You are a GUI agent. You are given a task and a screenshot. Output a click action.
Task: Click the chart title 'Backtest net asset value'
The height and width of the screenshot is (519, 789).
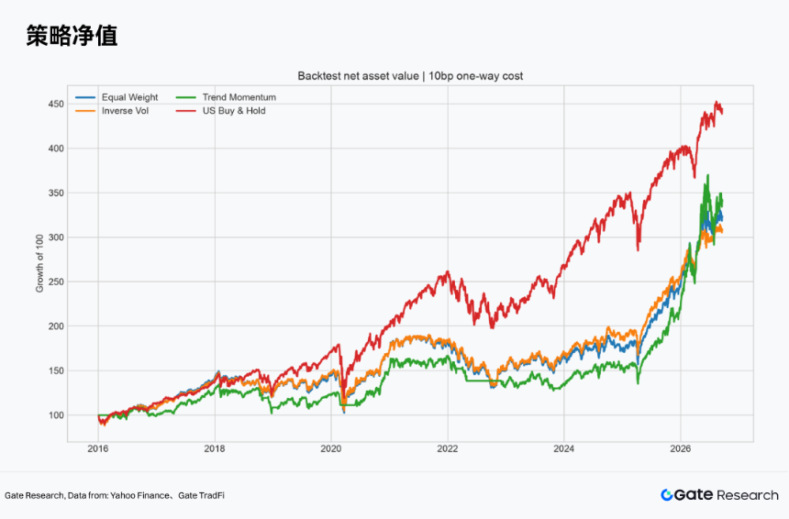click(359, 76)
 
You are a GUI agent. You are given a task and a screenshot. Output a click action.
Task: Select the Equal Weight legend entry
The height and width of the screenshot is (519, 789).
click(117, 97)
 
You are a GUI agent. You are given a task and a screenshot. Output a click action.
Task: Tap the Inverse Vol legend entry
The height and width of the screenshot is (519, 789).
click(112, 111)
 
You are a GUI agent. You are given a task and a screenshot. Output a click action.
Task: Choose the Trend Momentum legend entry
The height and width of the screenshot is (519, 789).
click(226, 97)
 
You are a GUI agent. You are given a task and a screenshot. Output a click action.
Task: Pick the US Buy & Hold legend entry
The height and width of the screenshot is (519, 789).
click(221, 111)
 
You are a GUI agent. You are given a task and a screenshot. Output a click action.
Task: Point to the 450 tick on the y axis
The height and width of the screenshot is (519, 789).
click(56, 105)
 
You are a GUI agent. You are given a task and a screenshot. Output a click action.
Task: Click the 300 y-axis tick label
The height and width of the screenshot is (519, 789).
click(56, 237)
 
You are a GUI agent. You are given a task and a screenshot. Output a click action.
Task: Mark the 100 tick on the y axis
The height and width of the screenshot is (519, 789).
click(56, 414)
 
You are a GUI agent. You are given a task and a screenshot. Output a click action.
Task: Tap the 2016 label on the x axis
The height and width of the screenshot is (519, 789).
click(98, 448)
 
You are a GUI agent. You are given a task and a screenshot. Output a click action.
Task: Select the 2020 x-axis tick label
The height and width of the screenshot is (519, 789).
click(331, 448)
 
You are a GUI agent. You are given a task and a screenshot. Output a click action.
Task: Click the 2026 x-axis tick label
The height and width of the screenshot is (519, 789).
click(681, 448)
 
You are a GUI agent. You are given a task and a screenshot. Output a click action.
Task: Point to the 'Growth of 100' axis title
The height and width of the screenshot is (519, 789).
click(39, 263)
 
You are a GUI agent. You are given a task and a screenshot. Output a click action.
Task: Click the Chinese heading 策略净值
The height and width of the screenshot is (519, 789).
click(72, 36)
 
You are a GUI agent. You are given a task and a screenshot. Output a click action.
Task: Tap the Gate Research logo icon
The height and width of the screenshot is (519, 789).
click(667, 495)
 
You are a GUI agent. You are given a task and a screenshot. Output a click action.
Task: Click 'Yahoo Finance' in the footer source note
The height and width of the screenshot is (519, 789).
click(139, 495)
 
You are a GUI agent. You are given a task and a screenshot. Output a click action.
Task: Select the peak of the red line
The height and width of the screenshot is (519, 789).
click(717, 102)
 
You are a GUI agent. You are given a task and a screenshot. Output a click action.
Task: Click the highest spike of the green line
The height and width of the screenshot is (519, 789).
click(708, 175)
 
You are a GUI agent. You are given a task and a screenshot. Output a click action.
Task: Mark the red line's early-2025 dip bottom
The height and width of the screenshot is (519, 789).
click(638, 250)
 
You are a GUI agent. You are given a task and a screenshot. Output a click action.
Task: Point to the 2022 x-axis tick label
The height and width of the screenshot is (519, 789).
click(448, 448)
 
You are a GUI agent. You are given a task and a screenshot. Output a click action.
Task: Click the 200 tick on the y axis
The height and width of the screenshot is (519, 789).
click(56, 326)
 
